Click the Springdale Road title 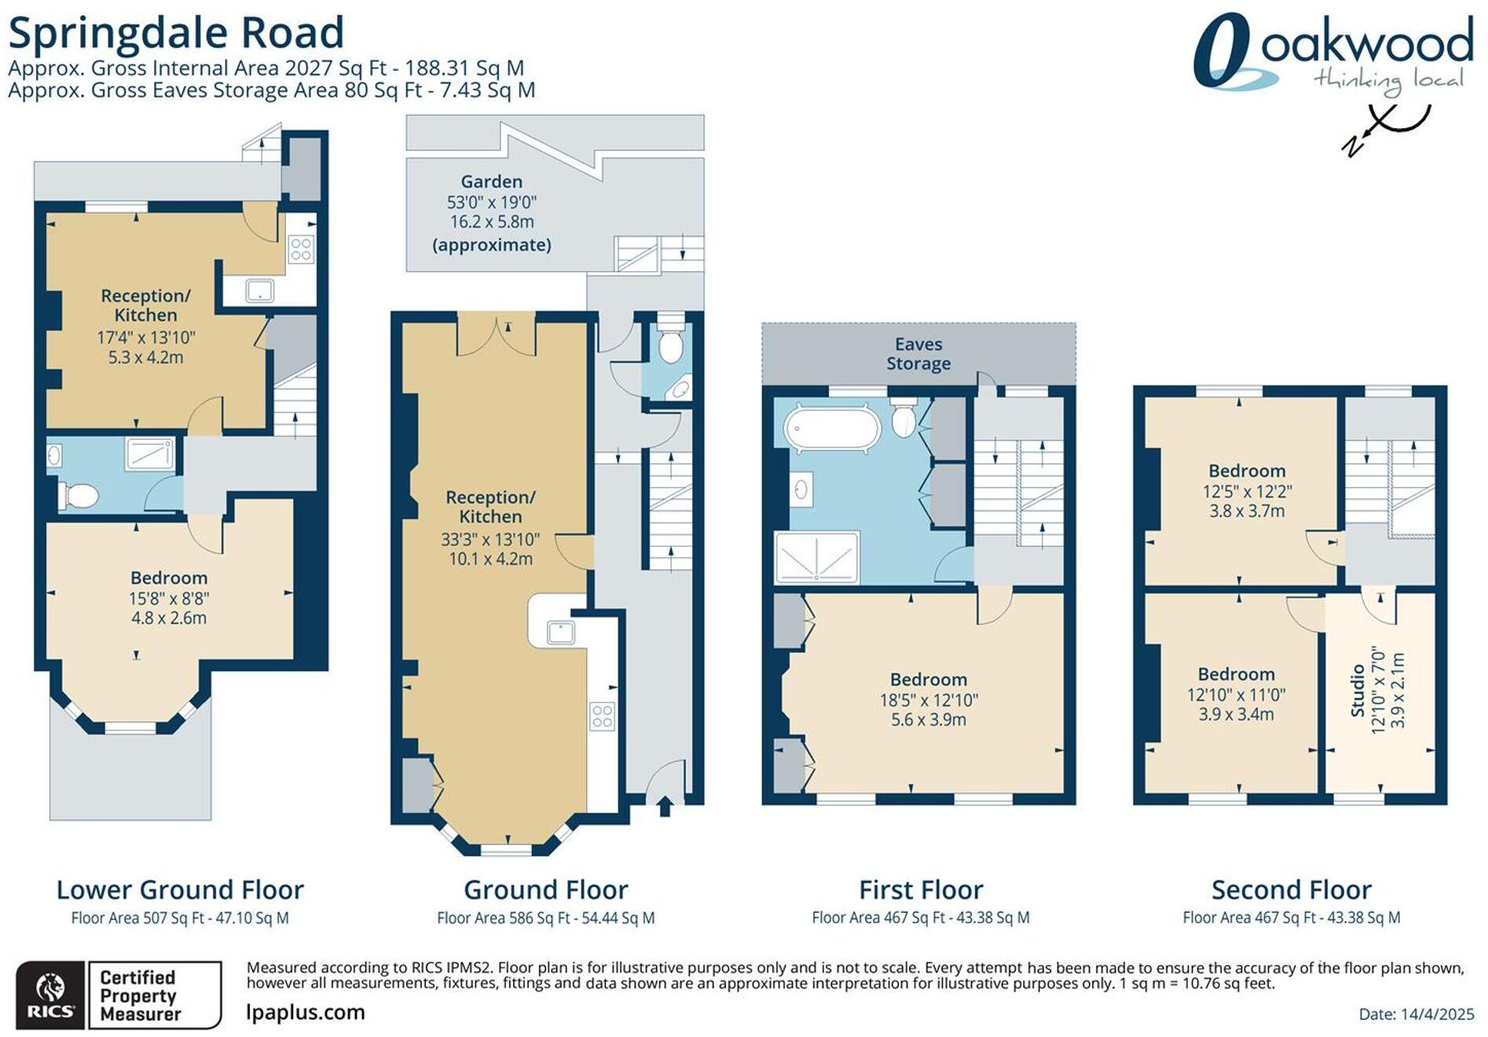pyautogui.click(x=176, y=33)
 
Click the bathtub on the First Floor pyautogui.click(x=831, y=429)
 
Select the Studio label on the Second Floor pyautogui.click(x=1357, y=691)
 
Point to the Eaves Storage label pyautogui.click(x=918, y=354)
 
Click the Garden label pyautogui.click(x=491, y=181)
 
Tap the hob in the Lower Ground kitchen pyautogui.click(x=302, y=249)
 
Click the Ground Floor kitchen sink pyautogui.click(x=560, y=632)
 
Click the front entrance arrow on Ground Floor pyautogui.click(x=665, y=807)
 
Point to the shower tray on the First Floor pyautogui.click(x=817, y=557)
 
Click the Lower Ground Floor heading pyautogui.click(x=180, y=890)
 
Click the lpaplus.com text pyautogui.click(x=306, y=1012)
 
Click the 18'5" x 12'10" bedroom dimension pyautogui.click(x=929, y=700)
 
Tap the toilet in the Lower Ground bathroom pyautogui.click(x=79, y=496)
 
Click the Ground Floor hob pyautogui.click(x=603, y=716)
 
